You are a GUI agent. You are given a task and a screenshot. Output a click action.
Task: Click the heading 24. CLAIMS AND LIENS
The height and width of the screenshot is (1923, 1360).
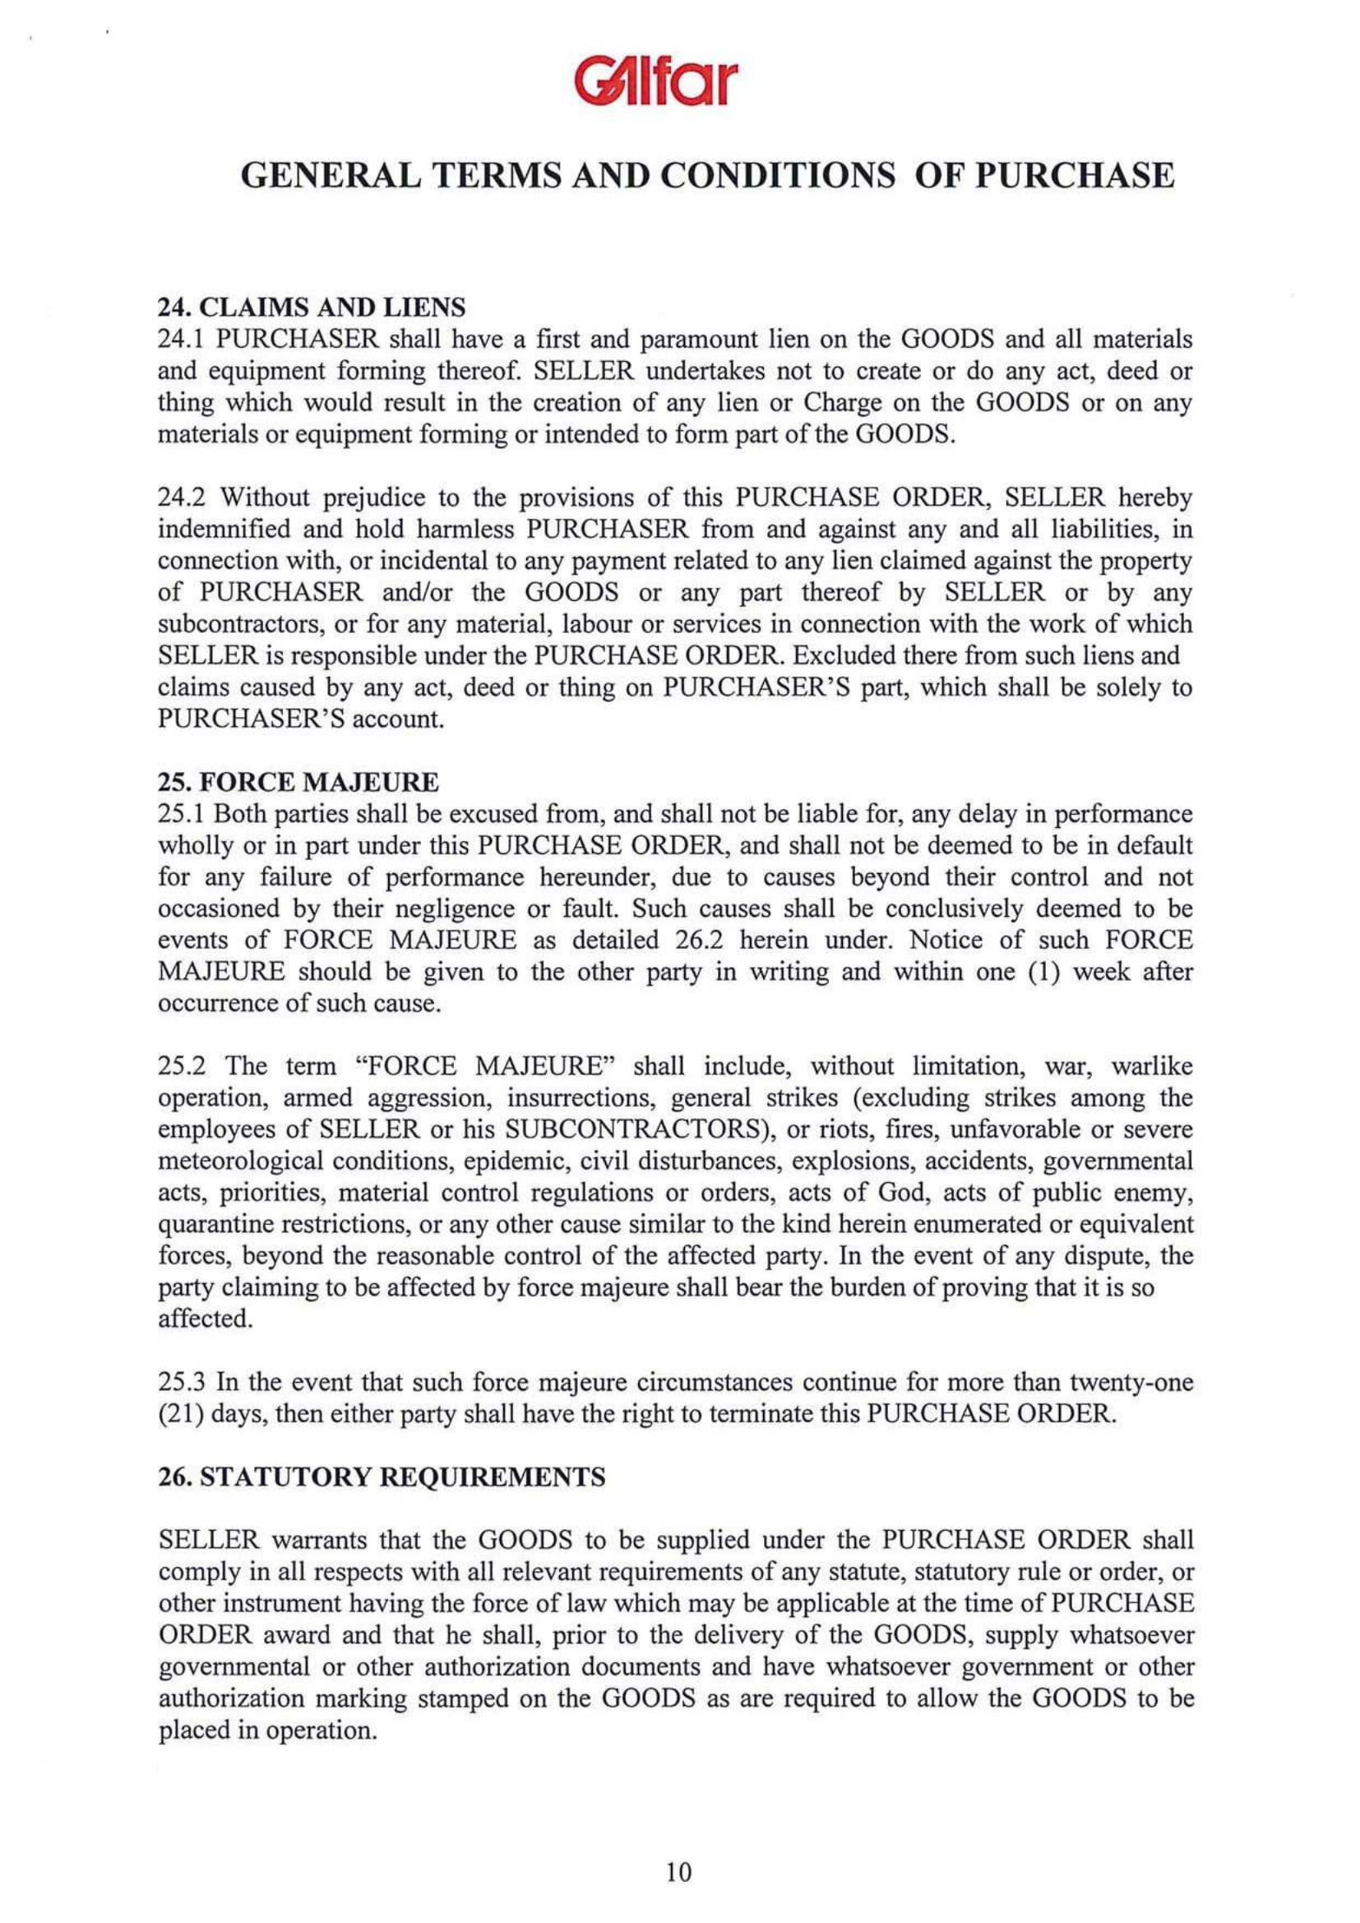(312, 308)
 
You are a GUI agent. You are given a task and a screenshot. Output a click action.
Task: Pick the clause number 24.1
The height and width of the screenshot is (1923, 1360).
(178, 340)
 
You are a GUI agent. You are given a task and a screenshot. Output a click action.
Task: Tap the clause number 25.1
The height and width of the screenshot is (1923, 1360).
(178, 814)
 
